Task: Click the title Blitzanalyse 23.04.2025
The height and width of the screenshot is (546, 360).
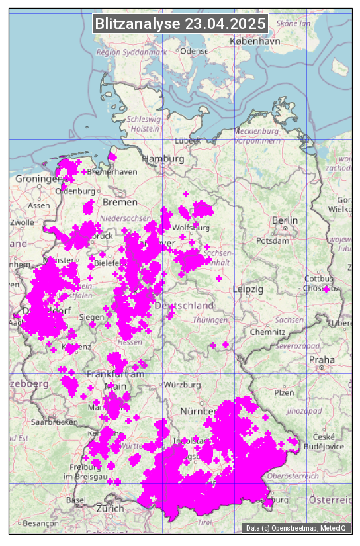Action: [x=180, y=24]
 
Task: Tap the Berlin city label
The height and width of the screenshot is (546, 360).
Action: [x=285, y=220]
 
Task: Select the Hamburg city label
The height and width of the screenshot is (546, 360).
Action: [x=163, y=159]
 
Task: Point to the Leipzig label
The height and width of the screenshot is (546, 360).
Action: [x=248, y=289]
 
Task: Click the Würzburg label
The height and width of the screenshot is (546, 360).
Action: [x=183, y=385]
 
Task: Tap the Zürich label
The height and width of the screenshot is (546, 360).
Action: [x=110, y=508]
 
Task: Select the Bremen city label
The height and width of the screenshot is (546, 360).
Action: [x=120, y=201]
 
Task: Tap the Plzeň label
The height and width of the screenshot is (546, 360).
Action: [x=283, y=392]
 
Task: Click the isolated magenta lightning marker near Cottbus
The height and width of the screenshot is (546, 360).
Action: [x=326, y=289]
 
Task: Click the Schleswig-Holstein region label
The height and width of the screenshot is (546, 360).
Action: [x=144, y=124]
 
